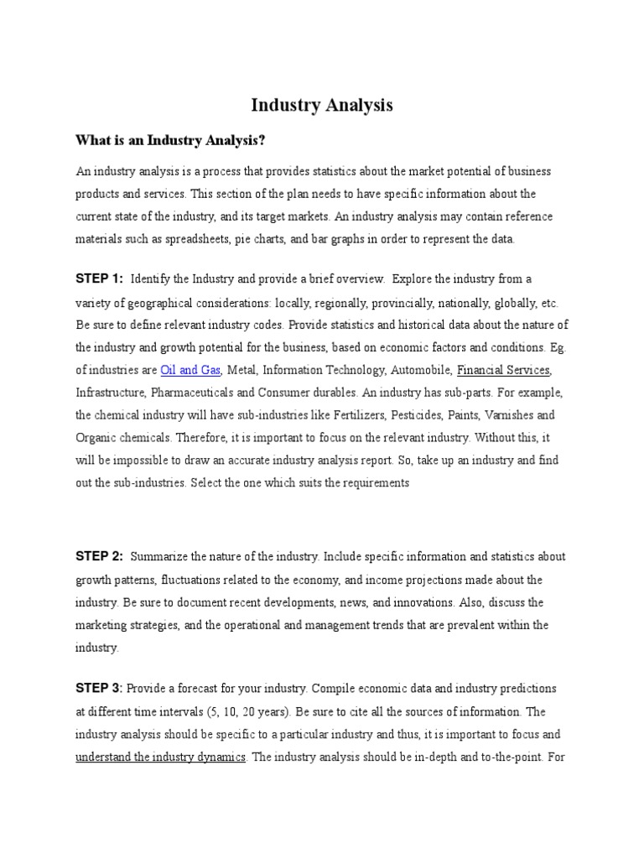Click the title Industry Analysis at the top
[322, 106]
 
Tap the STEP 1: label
[99, 279]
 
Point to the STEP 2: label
[99, 556]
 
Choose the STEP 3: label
[99, 689]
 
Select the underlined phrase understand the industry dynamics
[161, 757]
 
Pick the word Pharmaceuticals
[187, 393]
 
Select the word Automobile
[423, 370]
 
